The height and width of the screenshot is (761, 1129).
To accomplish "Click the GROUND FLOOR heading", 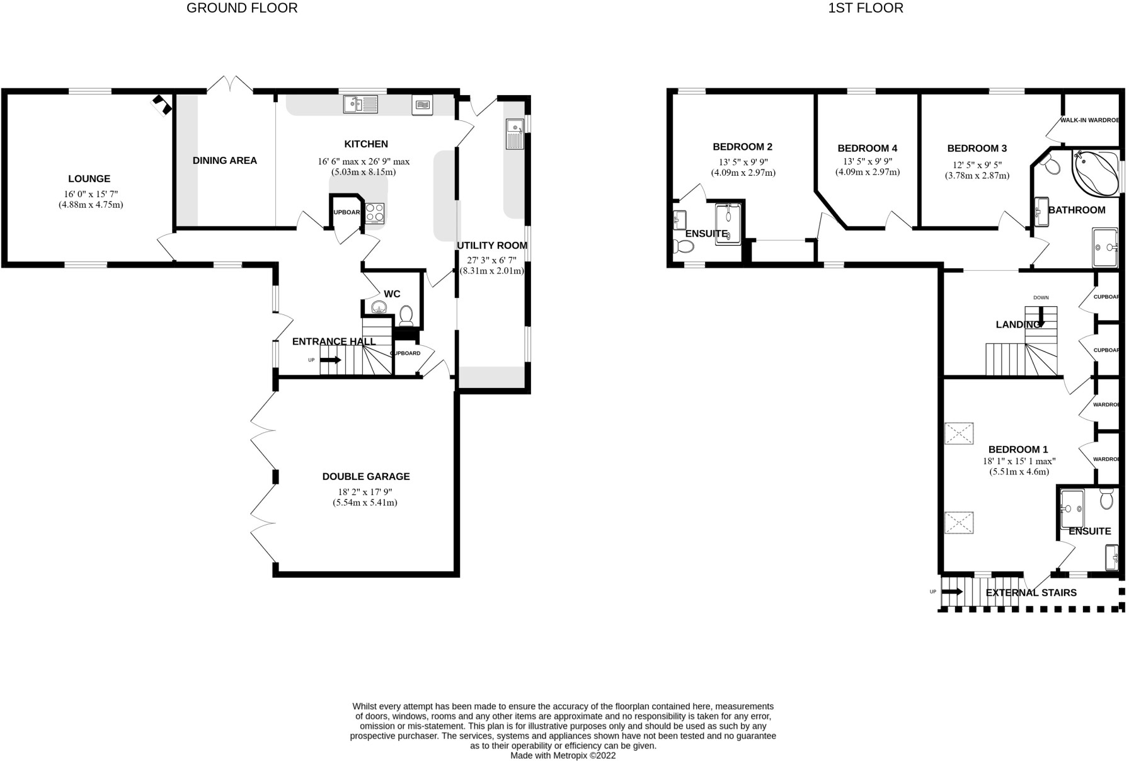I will pos(242,8).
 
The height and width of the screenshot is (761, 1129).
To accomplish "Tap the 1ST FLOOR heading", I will pos(865,8).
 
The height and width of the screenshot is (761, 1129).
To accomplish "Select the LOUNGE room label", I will pos(89,179).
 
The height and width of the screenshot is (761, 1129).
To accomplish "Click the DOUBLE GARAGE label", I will pos(366,477).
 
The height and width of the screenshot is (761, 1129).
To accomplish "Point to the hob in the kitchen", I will pos(375,213).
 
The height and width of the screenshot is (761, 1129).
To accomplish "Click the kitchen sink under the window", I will pos(360,104).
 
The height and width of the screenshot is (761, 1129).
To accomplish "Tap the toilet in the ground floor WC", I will pos(406,312).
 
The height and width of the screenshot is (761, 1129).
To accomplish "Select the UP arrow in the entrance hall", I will pos(331,360).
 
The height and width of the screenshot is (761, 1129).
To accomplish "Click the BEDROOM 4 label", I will pos(867,149).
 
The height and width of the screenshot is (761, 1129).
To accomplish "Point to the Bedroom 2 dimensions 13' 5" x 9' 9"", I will pos(743,161).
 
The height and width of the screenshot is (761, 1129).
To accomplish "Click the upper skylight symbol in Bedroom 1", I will pos(958,433).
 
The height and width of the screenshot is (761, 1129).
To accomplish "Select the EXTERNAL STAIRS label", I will pos(1031,593).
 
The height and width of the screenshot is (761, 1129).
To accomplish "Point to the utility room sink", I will pos(515,134).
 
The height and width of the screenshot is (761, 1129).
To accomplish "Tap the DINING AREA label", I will pos(225,161).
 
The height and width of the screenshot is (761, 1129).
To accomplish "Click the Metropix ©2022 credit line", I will pos(563,755).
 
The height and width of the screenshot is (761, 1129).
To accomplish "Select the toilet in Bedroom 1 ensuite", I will pos(1106,500).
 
